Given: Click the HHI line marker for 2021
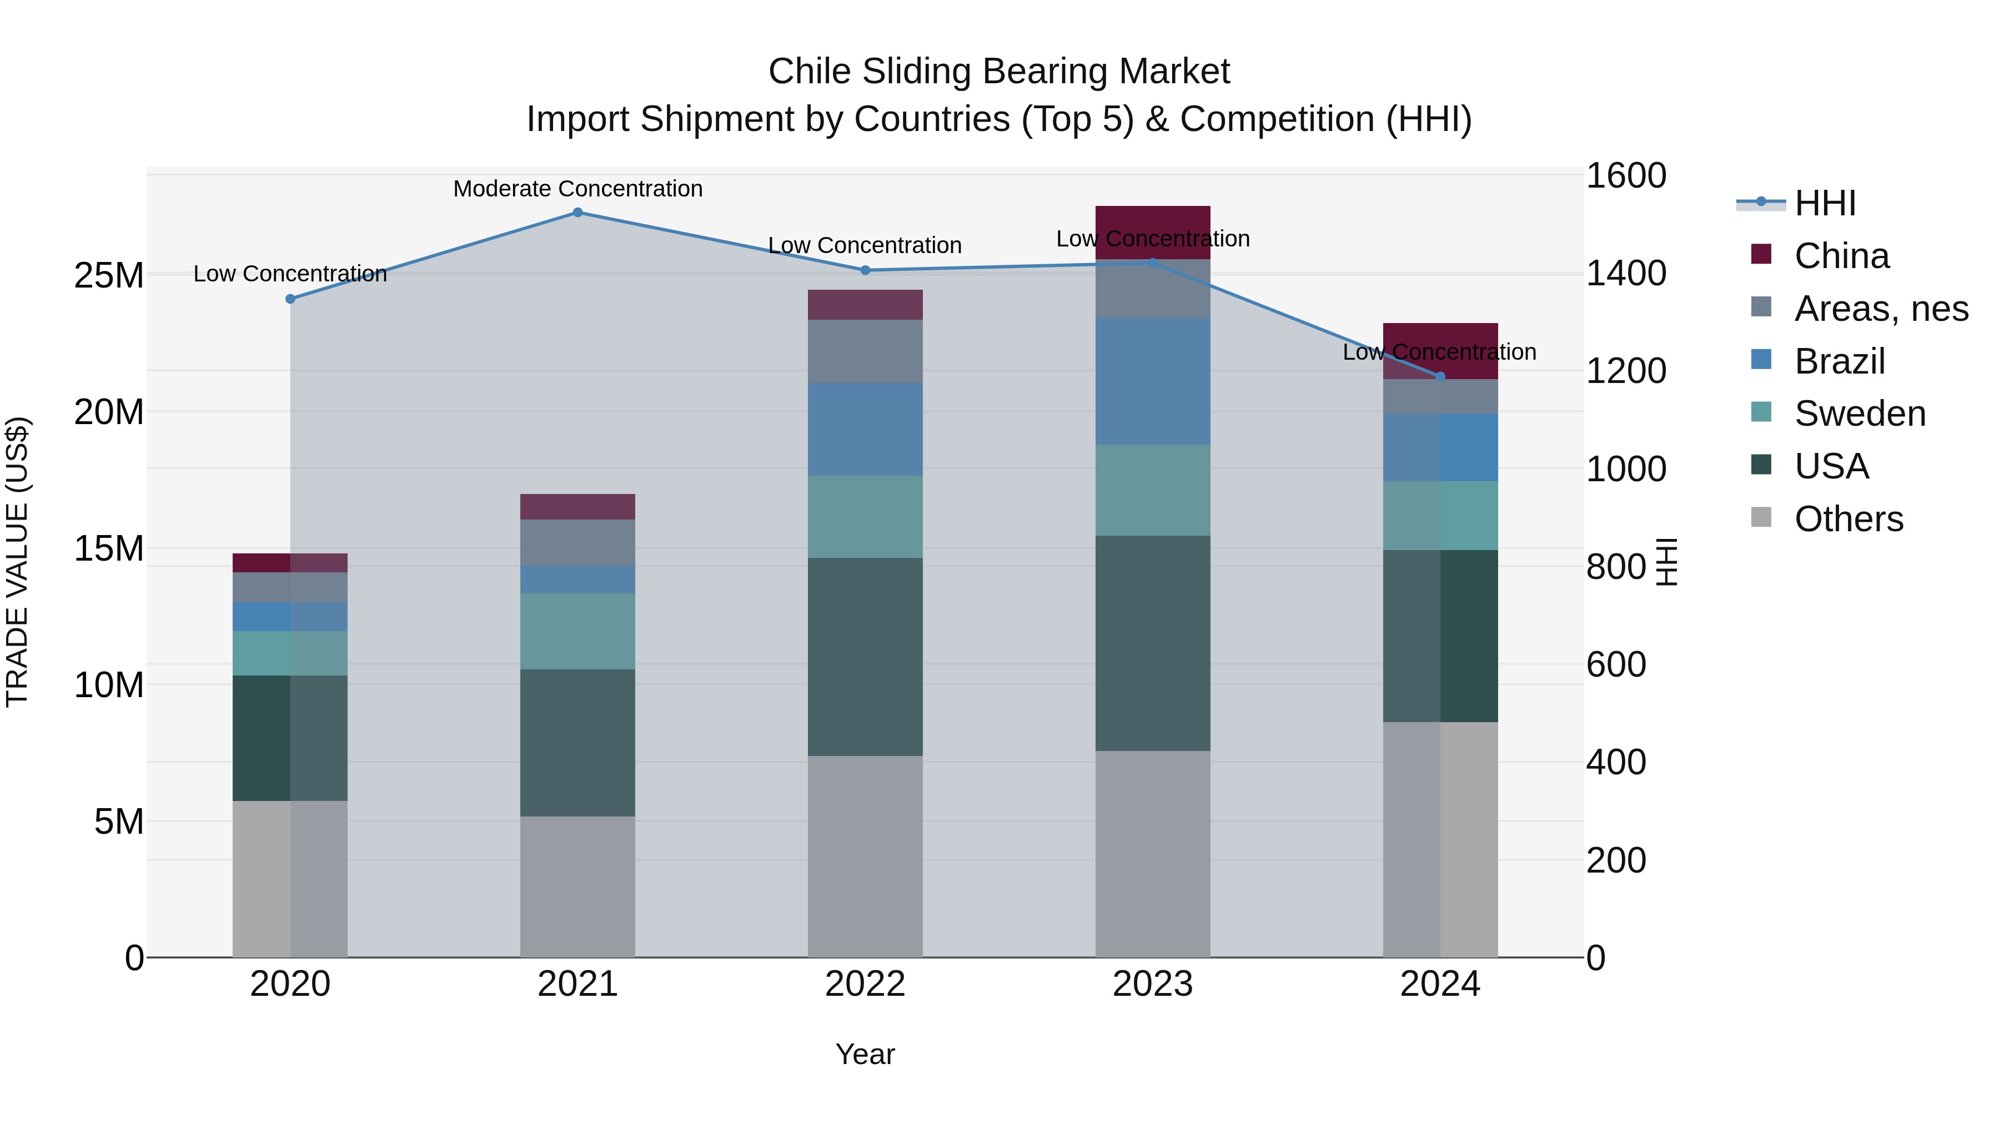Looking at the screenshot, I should (x=577, y=213).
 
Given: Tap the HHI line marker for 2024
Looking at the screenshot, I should (x=1440, y=376).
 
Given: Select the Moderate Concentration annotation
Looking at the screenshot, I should (x=577, y=189).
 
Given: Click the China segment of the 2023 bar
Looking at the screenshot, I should (x=1152, y=232).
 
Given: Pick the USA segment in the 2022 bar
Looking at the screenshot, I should (x=865, y=656).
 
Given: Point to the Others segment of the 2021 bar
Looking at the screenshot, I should (x=577, y=886).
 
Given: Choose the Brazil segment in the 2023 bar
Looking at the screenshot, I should (x=1152, y=381).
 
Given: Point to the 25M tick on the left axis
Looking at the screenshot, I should (x=109, y=275).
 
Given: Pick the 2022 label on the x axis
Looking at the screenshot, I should (x=865, y=984).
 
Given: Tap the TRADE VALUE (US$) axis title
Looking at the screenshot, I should (x=18, y=562).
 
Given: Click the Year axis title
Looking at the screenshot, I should (x=865, y=1054).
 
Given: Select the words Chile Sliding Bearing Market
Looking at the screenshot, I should (x=999, y=72).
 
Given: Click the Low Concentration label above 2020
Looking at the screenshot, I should (x=290, y=274).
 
